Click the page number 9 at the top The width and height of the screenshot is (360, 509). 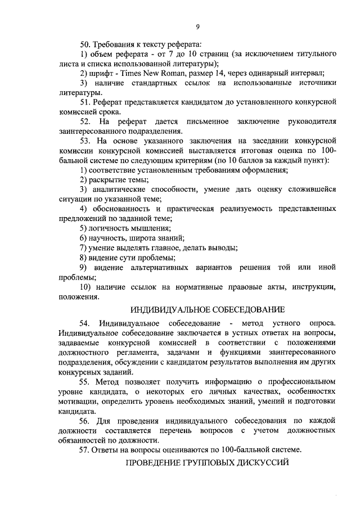(198, 26)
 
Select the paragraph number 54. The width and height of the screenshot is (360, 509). (85, 324)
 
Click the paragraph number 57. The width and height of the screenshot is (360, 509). (85, 450)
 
